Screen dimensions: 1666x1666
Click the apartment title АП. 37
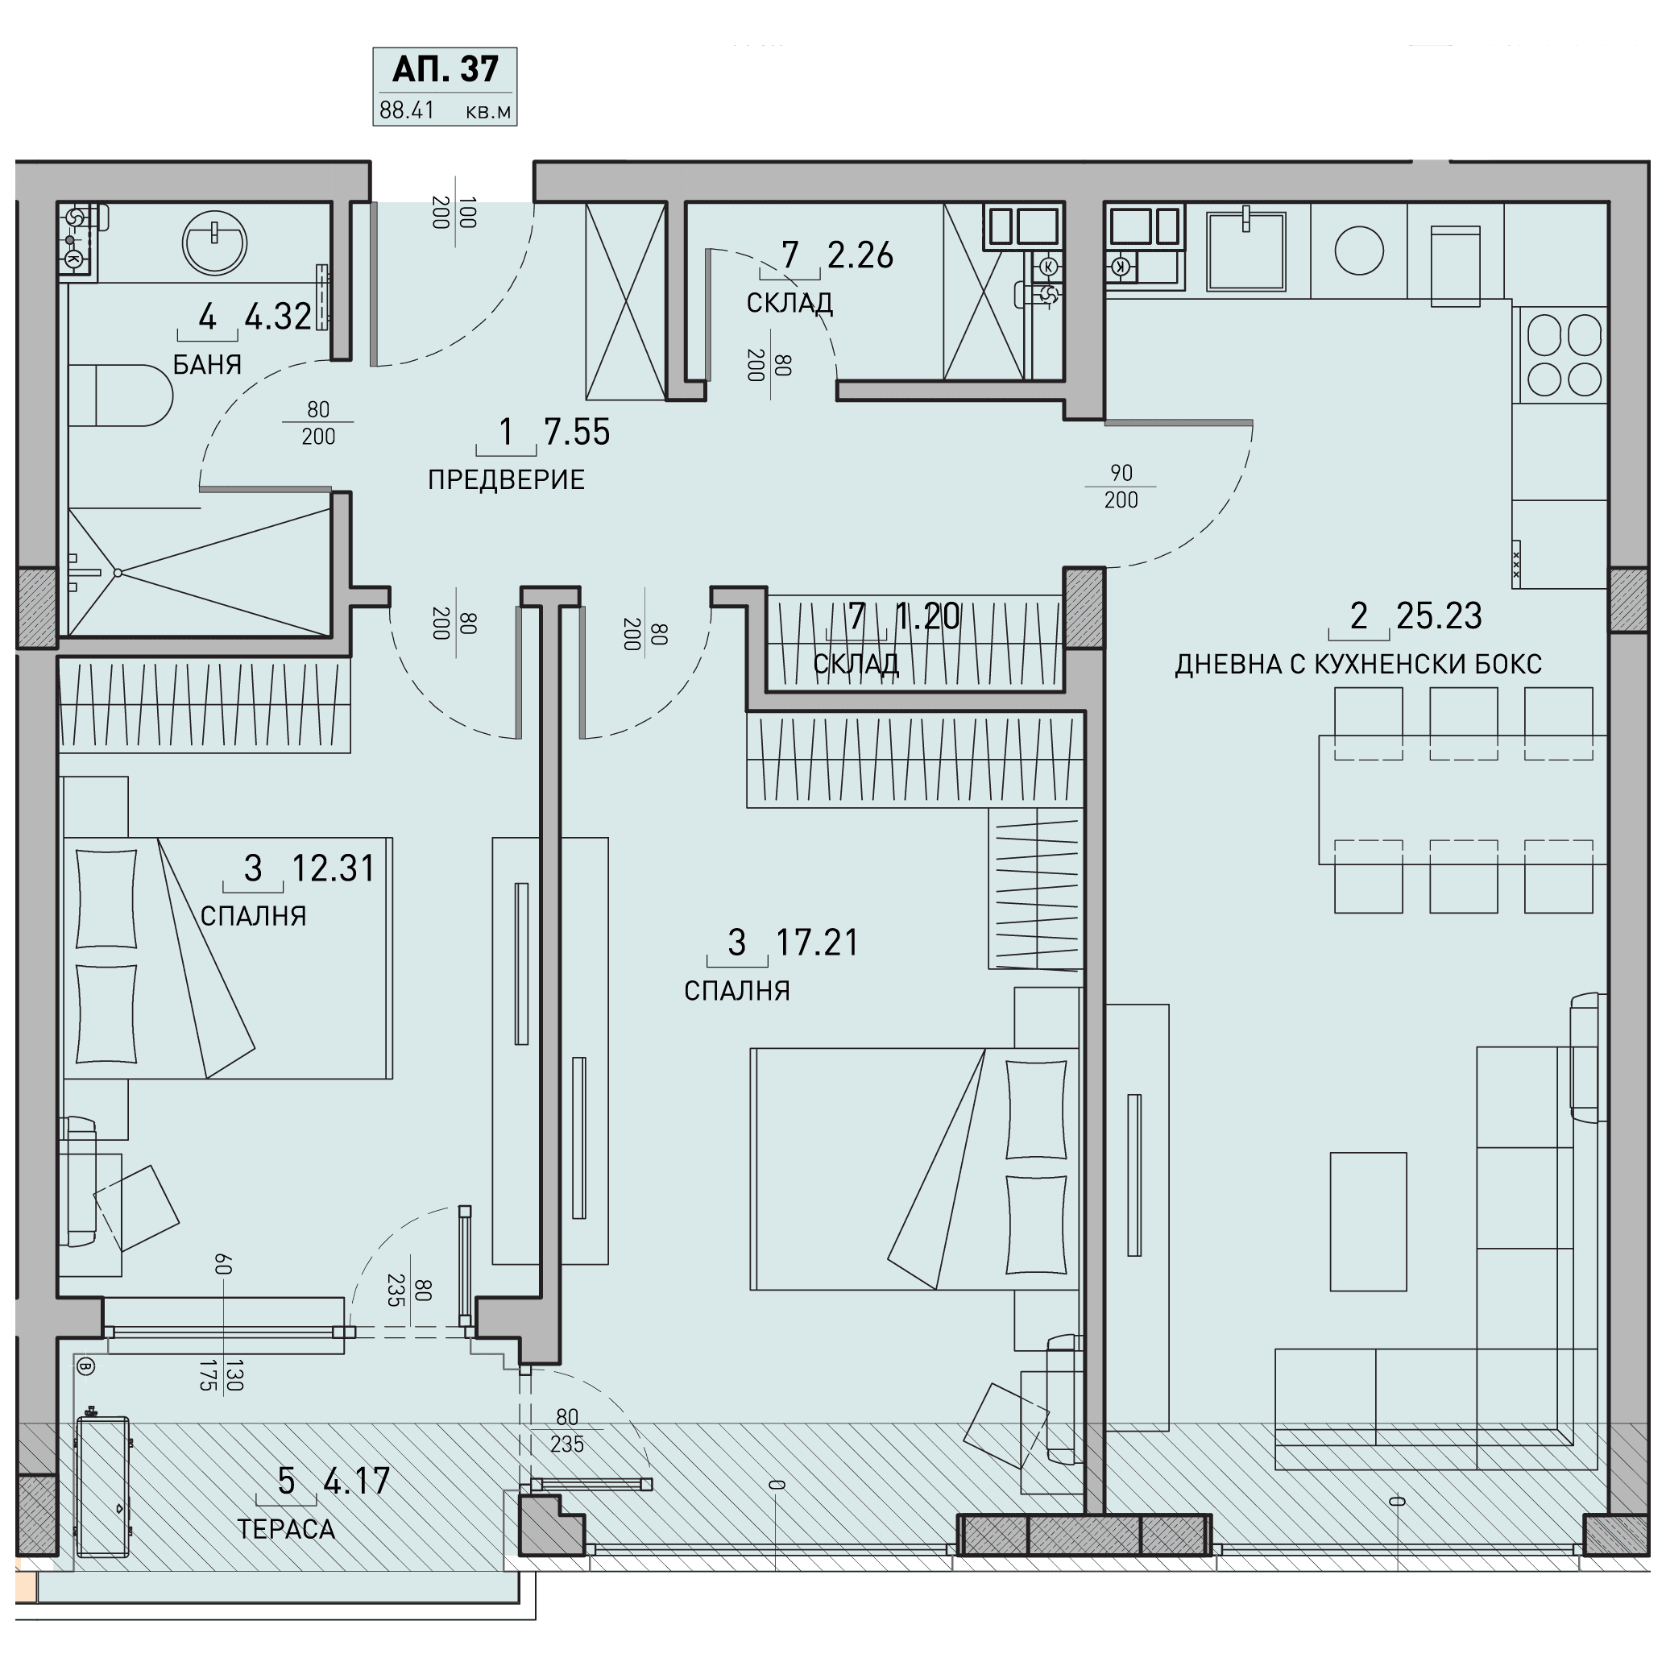tap(445, 70)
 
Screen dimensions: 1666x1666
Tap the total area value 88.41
tap(407, 111)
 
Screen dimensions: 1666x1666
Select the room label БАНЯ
tap(207, 365)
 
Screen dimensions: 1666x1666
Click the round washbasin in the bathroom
tap(215, 243)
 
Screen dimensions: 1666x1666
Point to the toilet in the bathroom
tap(121, 396)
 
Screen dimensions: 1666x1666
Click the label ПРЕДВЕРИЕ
tap(506, 479)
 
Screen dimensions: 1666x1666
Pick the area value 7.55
tap(577, 432)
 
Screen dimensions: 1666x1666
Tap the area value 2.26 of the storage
tap(860, 255)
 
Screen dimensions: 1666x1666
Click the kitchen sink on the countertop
tap(1246, 251)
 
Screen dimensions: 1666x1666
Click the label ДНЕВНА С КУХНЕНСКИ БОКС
tap(1358, 664)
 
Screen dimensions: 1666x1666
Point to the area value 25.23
tap(1439, 615)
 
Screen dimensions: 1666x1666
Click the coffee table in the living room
tap(1369, 1222)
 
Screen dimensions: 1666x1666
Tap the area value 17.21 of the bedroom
tap(818, 943)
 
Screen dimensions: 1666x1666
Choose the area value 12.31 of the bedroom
tap(334, 868)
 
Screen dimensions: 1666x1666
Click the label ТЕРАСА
tap(286, 1529)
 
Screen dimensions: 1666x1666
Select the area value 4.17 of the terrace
tap(357, 1482)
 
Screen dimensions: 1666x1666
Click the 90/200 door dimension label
tap(1121, 487)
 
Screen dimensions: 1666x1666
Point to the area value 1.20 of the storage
tap(928, 616)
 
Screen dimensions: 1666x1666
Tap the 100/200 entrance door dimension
tap(454, 212)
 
